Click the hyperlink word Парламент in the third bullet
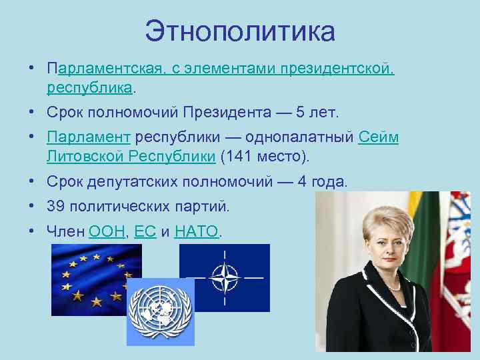pyautogui.click(x=88, y=137)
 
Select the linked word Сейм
pyautogui.click(x=378, y=137)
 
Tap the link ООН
pyautogui.click(x=106, y=232)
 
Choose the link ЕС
pyautogui.click(x=145, y=232)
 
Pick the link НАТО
pyautogui.click(x=196, y=232)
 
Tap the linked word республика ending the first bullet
pyautogui.click(x=90, y=87)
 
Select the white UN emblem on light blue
pyautogui.click(x=160, y=311)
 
